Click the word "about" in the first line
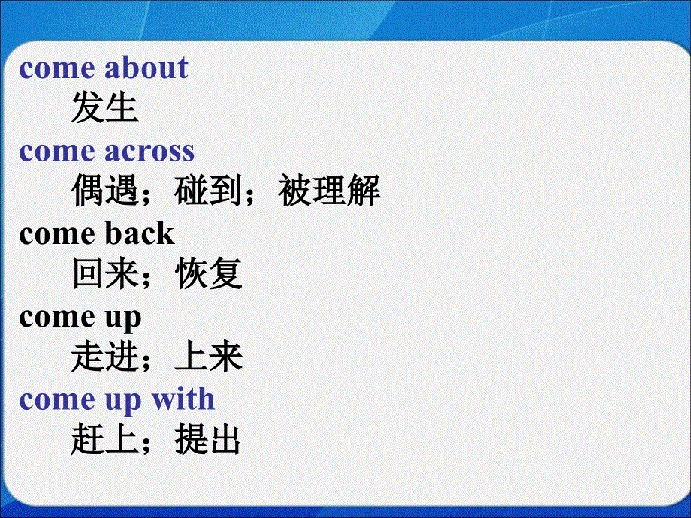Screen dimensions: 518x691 (x=146, y=68)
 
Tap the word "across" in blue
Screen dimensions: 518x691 (x=149, y=151)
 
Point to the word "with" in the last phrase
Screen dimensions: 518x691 (x=183, y=399)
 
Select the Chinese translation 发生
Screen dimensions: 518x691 (x=104, y=109)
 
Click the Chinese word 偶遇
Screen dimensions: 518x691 (x=104, y=192)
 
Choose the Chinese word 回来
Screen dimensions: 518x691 (x=104, y=275)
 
